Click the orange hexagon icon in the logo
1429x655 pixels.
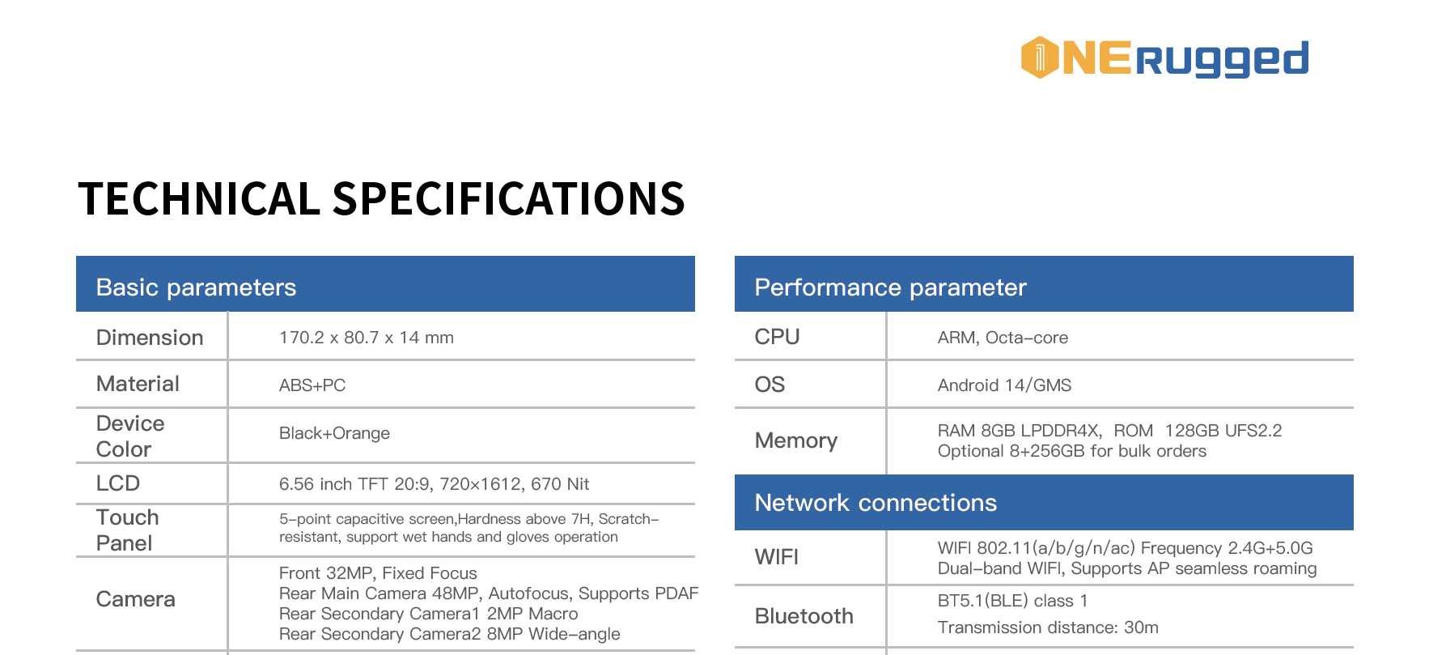[1040, 57]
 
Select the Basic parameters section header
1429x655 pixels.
[196, 287]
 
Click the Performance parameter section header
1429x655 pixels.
[890, 287]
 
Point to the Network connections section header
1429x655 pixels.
[876, 503]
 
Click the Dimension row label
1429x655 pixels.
[150, 338]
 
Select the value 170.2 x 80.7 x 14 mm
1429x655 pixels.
[367, 338]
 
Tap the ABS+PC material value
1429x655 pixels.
[312, 385]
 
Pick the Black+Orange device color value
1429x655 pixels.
[334, 433]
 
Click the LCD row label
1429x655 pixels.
[118, 483]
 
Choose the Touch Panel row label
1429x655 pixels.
[127, 530]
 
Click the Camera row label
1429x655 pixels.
[135, 599]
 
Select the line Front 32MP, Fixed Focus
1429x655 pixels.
[378, 573]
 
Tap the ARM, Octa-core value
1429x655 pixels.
[1003, 338]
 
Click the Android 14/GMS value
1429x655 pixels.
[1004, 385]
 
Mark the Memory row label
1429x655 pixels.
[796, 440]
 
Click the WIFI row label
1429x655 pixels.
[777, 557]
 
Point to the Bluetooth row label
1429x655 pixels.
[804, 616]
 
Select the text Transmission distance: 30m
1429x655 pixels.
[1048, 627]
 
